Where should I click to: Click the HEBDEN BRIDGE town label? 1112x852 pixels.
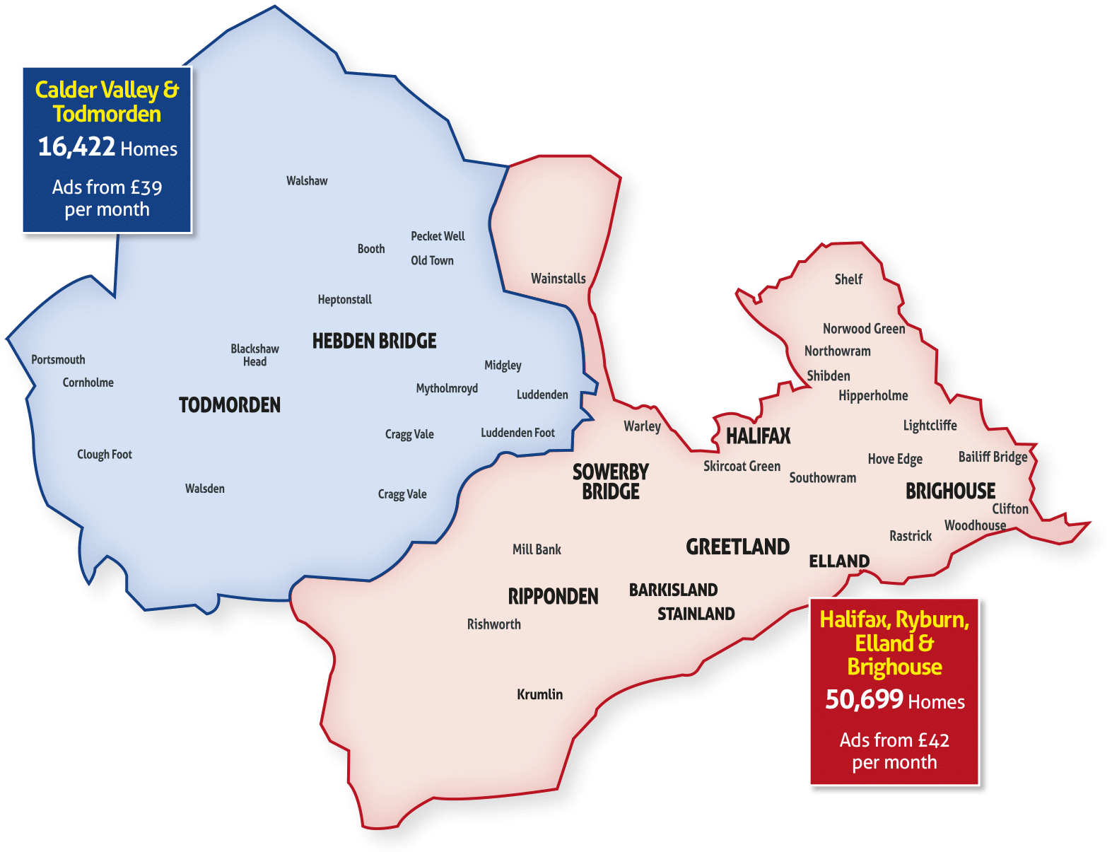click(x=374, y=341)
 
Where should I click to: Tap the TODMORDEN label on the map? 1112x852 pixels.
click(x=229, y=405)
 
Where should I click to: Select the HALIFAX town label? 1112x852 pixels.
click(x=758, y=436)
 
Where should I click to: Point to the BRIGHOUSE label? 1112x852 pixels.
click(x=950, y=491)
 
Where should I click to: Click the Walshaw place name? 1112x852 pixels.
click(x=307, y=181)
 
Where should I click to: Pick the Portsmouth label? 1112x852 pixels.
click(x=58, y=360)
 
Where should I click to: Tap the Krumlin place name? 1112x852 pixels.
click(x=539, y=694)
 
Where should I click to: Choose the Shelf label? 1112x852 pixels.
click(x=848, y=279)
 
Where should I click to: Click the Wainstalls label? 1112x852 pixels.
click(x=558, y=279)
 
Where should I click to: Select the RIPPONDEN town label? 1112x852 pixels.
click(x=553, y=597)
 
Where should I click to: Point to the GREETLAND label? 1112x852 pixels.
click(x=737, y=547)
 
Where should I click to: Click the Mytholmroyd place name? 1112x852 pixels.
click(x=447, y=388)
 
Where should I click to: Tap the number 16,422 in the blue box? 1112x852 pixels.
click(x=76, y=146)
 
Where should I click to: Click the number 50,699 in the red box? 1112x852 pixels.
click(x=864, y=699)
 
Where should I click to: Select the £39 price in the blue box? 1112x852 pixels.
click(x=146, y=187)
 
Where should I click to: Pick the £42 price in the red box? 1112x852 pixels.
click(x=933, y=740)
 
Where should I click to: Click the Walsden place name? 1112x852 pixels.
click(x=204, y=489)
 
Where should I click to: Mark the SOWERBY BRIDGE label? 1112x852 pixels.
click(x=610, y=482)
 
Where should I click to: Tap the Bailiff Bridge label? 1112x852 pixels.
click(x=993, y=457)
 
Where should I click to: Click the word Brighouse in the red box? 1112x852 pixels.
click(x=894, y=667)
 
